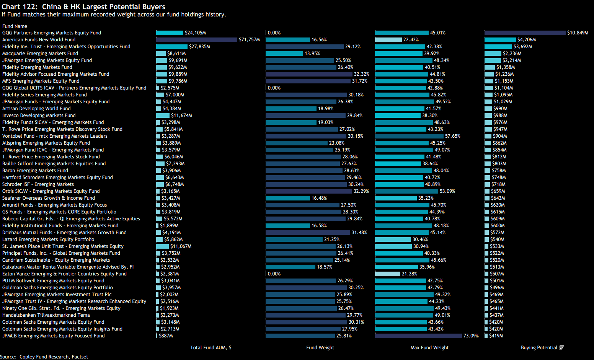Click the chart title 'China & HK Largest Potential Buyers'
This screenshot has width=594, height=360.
103,7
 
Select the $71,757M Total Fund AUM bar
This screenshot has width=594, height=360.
197,40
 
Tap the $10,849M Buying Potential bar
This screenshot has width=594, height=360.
525,33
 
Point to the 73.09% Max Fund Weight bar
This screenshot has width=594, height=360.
418,336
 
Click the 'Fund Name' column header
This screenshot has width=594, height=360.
15,26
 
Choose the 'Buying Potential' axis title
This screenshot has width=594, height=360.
539,348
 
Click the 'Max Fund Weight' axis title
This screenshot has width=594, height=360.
429,348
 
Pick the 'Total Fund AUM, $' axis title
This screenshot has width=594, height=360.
211,348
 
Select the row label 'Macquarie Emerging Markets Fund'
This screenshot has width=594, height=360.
40,54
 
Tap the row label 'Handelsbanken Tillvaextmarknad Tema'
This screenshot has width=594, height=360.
46,315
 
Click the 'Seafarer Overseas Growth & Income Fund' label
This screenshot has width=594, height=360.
49,198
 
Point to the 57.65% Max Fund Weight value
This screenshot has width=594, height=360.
452,136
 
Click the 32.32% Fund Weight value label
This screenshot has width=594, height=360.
362,74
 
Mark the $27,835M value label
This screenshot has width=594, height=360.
199,47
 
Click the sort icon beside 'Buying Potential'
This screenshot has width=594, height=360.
562,348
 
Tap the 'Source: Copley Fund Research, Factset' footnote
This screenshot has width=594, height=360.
44,357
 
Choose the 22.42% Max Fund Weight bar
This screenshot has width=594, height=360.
388,40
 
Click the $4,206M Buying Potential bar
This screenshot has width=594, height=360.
500,40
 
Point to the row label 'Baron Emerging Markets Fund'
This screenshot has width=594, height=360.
35,171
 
